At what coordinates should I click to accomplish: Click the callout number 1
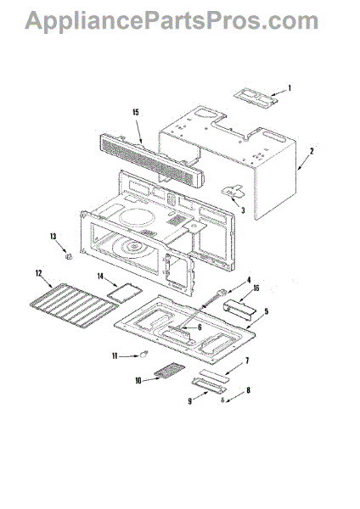[290, 87]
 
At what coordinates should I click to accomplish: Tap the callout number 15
[136, 112]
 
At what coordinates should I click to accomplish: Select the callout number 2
[312, 151]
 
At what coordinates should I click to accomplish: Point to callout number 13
[53, 237]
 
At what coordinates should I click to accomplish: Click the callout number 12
[39, 273]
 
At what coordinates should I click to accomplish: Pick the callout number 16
[256, 288]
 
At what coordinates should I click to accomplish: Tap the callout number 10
[138, 380]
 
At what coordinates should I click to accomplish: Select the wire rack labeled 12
[74, 305]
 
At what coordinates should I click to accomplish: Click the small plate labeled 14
[125, 294]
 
